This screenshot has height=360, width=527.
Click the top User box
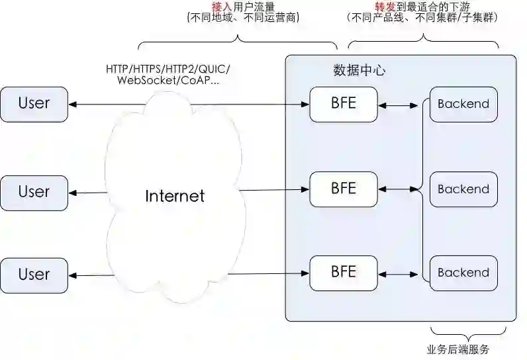(34, 103)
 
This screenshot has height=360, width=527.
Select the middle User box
(34, 193)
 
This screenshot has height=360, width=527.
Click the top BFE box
(343, 104)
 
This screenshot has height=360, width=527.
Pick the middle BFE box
(343, 189)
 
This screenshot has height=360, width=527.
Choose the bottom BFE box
(343, 272)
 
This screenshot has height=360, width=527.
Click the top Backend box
(463, 104)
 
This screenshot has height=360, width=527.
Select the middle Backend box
(463, 189)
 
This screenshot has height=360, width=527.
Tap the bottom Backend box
(463, 272)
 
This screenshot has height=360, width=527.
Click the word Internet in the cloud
(175, 197)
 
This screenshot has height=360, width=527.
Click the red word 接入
(222, 6)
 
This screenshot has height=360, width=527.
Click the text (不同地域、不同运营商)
(243, 18)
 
